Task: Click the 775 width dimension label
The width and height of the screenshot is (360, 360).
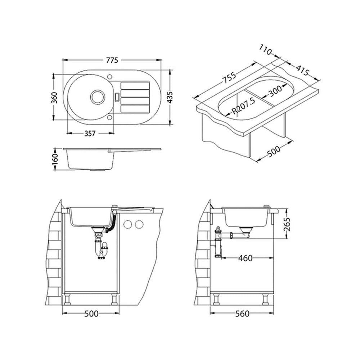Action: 112,60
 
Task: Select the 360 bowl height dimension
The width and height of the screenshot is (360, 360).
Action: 54,97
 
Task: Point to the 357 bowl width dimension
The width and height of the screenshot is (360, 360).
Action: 90,134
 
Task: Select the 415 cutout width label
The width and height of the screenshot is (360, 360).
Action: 302,71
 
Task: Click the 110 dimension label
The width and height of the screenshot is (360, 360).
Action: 265,50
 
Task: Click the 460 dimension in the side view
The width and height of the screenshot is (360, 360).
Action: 245,258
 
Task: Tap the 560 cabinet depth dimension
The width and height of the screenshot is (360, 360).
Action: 242,314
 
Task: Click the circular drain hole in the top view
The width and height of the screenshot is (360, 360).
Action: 97,96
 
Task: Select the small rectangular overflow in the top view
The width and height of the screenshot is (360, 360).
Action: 117,96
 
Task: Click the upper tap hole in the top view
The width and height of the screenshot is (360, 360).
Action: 110,76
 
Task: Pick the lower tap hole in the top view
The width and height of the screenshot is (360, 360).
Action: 110,118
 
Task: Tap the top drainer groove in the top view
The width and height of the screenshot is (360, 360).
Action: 135,85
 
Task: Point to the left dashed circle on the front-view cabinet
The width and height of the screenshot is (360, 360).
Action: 127,224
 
